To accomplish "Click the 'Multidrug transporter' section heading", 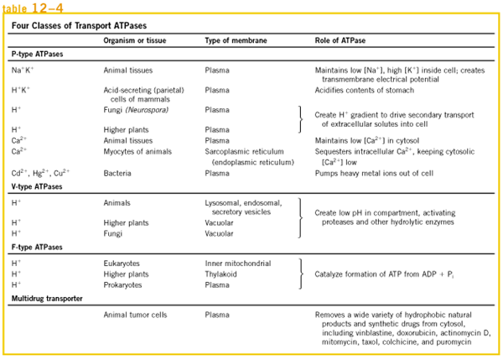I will (46, 299).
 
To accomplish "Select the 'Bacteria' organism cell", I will (117, 172).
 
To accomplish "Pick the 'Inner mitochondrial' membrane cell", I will (238, 263).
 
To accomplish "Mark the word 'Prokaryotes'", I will (124, 284).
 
